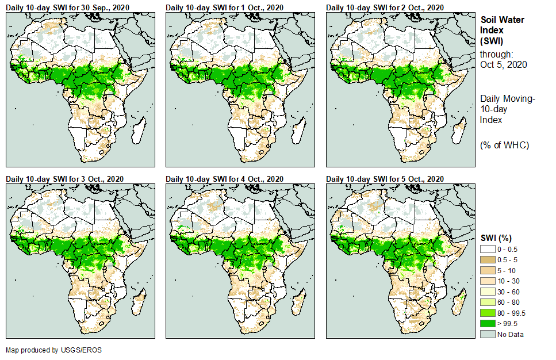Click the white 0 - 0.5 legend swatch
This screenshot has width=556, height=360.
(487, 249)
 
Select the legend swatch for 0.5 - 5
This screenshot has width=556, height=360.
(487, 260)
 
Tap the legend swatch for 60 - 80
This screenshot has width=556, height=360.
(487, 302)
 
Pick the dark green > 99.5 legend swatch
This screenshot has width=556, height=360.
(487, 324)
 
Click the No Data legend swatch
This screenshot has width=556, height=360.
(487, 334)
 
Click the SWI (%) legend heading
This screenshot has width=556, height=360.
(496, 238)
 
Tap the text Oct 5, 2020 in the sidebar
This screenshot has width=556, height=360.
(504, 64)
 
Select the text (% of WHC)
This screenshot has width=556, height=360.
(504, 145)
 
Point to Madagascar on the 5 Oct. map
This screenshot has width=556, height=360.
(458, 302)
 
